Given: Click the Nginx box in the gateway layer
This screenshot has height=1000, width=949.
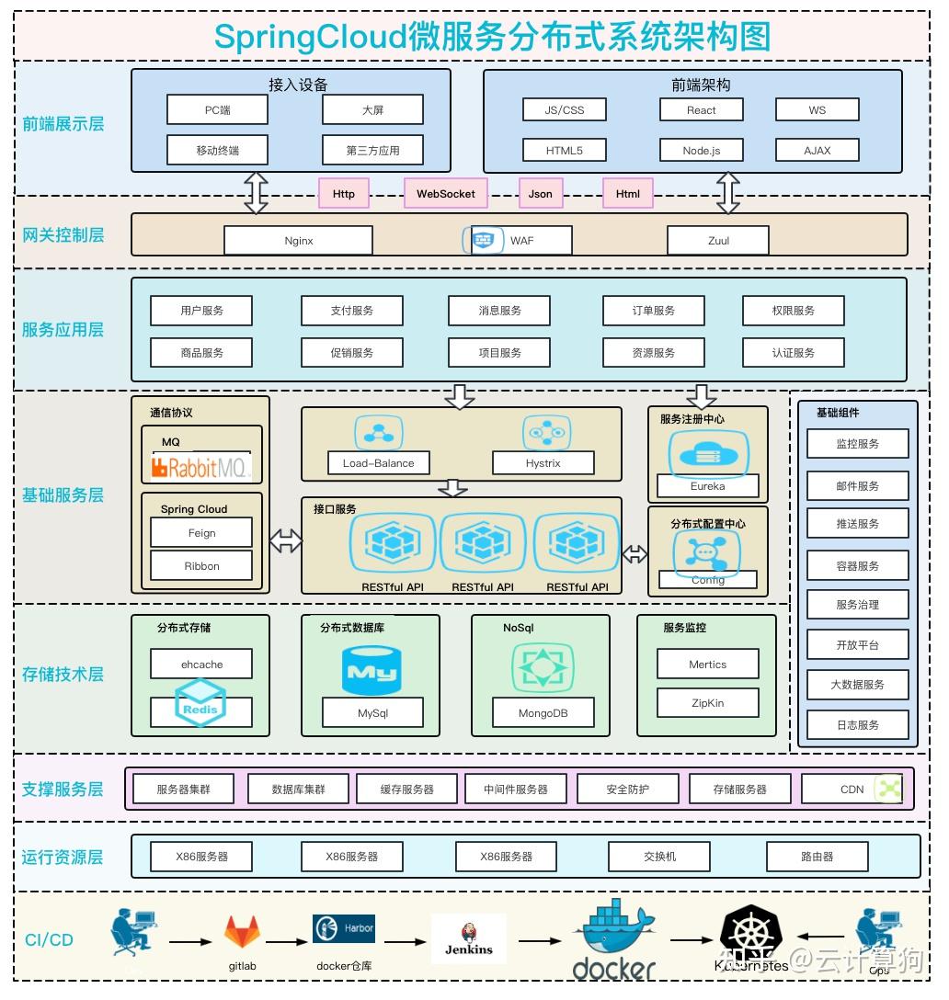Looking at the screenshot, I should point(298,241).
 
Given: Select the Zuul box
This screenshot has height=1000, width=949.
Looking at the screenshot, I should point(718,241).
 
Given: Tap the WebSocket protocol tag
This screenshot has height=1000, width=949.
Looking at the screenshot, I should point(446,194).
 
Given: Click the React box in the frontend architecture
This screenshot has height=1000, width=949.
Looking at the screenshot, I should point(701,110).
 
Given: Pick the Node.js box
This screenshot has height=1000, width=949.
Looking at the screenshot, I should point(701,151).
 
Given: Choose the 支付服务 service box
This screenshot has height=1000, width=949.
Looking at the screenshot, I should point(351,311).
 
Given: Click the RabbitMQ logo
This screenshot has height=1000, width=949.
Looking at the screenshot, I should point(200,468).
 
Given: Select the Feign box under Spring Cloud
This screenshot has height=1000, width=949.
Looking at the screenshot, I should point(201,533).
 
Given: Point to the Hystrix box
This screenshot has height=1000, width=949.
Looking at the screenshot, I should point(543,463).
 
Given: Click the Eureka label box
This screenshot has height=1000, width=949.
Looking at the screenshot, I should point(707,486).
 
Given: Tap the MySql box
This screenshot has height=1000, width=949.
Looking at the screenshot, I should point(372,713).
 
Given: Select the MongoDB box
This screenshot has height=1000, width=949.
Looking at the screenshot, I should point(543,713).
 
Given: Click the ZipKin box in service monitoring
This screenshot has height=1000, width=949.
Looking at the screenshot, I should point(707,703).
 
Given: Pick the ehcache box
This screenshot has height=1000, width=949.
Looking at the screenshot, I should point(201,665).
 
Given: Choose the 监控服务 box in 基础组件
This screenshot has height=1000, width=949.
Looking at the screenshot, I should point(857,444).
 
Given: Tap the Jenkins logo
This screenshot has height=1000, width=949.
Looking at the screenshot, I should point(468,938).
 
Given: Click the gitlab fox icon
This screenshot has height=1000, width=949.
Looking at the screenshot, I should point(242,933).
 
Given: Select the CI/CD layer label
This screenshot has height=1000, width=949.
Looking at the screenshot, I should point(49,940).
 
